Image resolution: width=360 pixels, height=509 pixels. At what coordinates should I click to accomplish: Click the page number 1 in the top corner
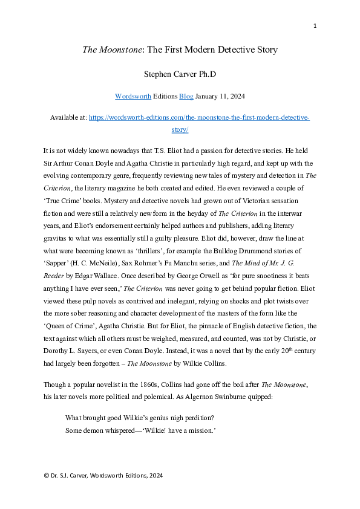pos(315,25)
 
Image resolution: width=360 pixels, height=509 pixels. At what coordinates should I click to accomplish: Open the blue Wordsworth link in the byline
pos(133,96)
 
